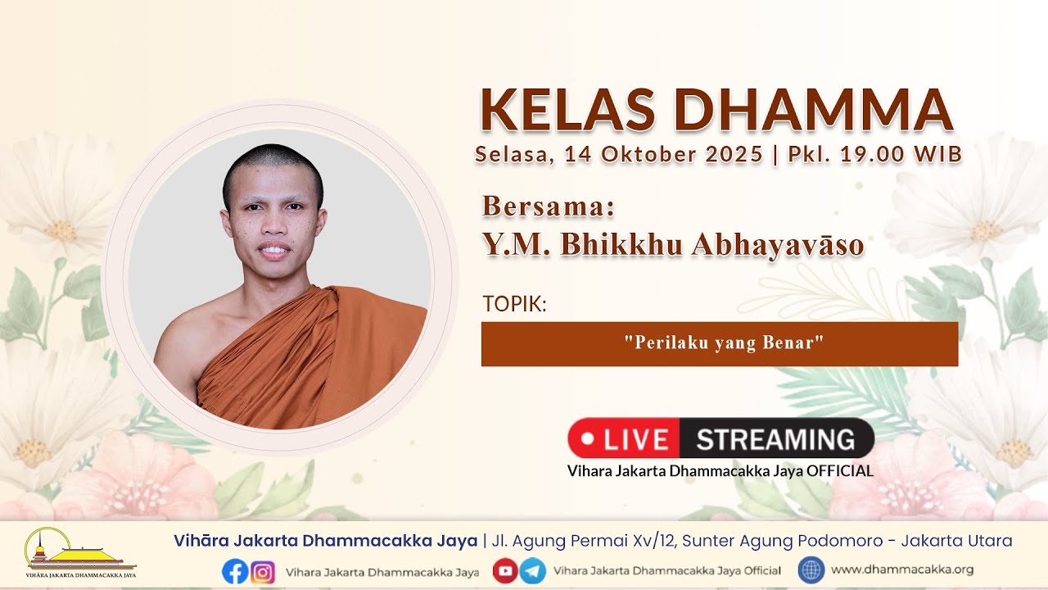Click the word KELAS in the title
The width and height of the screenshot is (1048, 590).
(567, 110)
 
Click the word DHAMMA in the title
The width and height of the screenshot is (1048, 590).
(814, 110)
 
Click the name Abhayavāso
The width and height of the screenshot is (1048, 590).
(778, 244)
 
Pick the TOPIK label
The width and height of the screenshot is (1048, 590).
(514, 304)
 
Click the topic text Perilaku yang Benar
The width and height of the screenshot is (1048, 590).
(724, 343)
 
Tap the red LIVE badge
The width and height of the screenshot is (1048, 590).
(624, 438)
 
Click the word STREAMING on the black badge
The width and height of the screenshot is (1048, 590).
(775, 440)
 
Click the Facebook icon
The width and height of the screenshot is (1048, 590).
(235, 571)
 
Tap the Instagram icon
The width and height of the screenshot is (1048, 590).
(263, 572)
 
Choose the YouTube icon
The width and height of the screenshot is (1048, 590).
(505, 571)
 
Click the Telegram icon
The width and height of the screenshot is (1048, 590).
(532, 571)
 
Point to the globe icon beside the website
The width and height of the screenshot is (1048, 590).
(811, 570)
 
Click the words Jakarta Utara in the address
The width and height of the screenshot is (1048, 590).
(956, 541)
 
